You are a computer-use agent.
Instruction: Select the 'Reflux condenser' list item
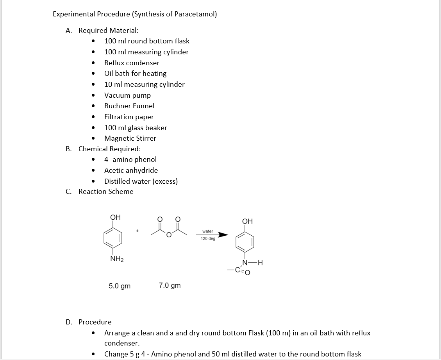point(132,63)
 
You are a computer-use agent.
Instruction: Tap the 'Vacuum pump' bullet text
point(127,95)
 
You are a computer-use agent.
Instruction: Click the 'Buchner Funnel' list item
point(129,106)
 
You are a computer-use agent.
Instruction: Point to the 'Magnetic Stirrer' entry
point(130,138)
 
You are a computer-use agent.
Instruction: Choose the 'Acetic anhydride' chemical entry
point(131,170)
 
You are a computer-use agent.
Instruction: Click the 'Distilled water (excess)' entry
point(141,181)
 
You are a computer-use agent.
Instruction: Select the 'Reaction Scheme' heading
point(106,192)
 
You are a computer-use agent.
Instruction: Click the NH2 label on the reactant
point(116,259)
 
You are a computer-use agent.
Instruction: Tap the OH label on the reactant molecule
point(116,217)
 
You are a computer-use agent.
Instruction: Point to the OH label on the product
point(248,222)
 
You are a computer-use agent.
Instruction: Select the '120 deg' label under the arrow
point(208,238)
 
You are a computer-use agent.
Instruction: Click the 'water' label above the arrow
point(208,231)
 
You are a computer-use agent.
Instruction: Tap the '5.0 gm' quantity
point(120,286)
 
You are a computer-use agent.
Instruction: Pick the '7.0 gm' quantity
point(170,285)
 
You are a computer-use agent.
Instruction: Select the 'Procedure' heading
point(95,322)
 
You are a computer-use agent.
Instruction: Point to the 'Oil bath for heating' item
point(135,73)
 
